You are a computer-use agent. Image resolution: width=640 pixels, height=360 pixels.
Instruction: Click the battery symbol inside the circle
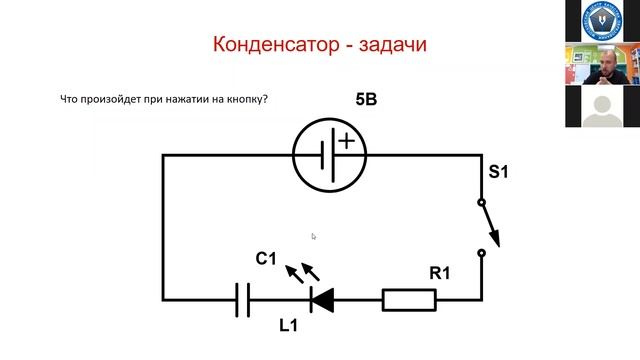(x=330, y=155)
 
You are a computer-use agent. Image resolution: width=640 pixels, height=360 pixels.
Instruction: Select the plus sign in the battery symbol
(x=346, y=141)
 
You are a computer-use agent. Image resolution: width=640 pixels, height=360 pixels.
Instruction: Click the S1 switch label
(x=498, y=173)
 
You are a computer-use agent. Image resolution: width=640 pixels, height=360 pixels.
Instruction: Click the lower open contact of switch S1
(x=482, y=254)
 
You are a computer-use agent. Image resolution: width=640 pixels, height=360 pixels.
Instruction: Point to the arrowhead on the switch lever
(x=493, y=239)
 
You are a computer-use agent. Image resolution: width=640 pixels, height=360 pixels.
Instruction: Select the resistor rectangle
(x=409, y=298)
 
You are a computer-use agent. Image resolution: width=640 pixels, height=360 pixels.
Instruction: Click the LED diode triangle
(x=322, y=298)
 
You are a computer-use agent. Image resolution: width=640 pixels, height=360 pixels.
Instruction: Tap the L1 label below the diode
(x=290, y=326)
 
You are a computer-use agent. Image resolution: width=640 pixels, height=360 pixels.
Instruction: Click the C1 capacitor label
(x=265, y=259)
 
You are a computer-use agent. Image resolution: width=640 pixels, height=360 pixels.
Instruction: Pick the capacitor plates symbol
(x=243, y=298)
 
